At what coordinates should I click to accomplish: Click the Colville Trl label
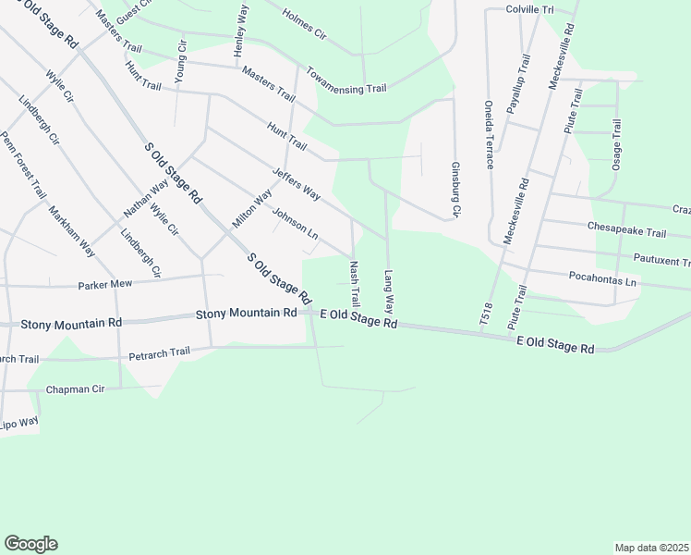click(529, 8)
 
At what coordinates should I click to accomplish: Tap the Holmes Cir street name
click(305, 26)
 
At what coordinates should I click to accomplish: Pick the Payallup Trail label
click(518, 83)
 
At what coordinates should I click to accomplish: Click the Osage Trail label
click(617, 149)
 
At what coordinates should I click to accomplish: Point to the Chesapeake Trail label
click(625, 231)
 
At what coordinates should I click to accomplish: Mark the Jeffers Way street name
click(297, 184)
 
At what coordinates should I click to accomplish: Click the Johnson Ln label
click(295, 222)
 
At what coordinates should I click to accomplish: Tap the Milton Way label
click(251, 209)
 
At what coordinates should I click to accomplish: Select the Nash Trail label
click(353, 285)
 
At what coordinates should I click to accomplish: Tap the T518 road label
click(484, 312)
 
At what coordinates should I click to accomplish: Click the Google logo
click(30, 543)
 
